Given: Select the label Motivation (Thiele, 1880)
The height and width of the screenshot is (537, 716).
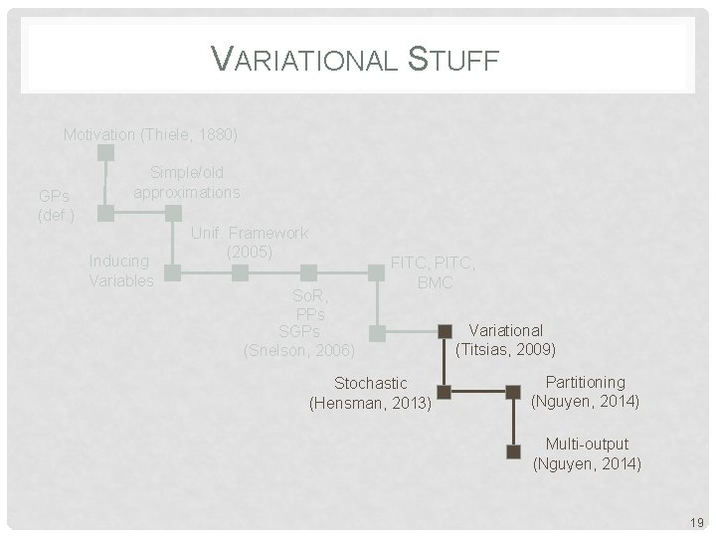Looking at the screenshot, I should [x=151, y=134].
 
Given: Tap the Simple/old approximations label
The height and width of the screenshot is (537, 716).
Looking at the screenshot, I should [x=187, y=182].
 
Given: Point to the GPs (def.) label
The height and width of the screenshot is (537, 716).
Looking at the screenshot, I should [x=55, y=205].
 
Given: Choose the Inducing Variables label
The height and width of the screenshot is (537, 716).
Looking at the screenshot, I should [x=120, y=270].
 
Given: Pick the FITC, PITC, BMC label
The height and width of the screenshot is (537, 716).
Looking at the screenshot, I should [x=434, y=273].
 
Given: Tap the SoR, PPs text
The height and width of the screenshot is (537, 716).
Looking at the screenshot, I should [x=310, y=305].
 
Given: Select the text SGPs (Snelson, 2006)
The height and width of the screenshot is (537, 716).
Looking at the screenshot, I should [x=299, y=340].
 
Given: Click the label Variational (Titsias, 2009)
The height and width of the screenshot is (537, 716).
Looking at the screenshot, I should [x=505, y=340].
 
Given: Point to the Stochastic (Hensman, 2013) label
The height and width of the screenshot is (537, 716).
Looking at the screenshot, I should [x=371, y=393].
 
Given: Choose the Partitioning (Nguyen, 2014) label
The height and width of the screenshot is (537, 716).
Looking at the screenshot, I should [x=586, y=392].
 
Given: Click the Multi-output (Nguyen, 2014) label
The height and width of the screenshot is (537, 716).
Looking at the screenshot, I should [x=587, y=453].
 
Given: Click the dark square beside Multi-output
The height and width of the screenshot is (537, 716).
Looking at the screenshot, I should [x=513, y=451].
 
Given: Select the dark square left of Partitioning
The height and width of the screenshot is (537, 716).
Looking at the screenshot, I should [x=513, y=391].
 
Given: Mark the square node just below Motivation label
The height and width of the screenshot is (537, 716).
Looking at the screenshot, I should [x=106, y=153].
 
